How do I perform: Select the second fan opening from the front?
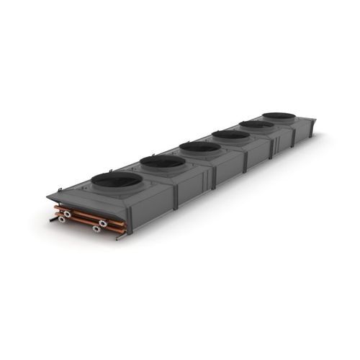[x=163, y=162]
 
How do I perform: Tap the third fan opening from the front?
[x=200, y=147]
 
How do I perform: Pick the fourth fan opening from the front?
[x=230, y=135]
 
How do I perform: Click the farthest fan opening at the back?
[x=278, y=116]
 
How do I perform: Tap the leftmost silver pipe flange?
[x=63, y=214]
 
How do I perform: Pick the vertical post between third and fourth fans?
[x=246, y=162]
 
